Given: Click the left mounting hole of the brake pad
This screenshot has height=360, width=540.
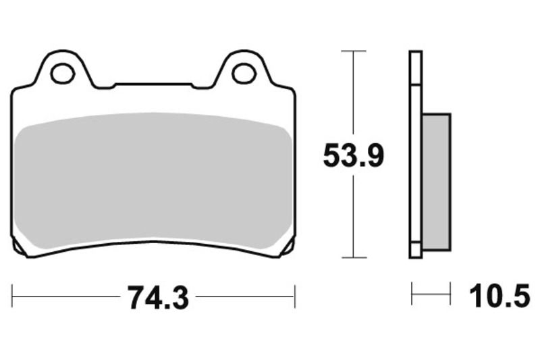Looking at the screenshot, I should (63, 73).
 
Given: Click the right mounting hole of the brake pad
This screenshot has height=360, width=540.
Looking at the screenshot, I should (243, 73).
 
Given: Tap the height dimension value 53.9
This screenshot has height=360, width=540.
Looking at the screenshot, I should (353, 156).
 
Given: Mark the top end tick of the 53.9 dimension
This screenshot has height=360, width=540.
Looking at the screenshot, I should (354, 51).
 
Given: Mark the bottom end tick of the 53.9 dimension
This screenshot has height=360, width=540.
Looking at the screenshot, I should (354, 257).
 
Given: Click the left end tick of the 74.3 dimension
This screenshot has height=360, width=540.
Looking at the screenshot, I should (12, 296).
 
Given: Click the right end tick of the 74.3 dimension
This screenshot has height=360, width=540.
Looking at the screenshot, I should (294, 296).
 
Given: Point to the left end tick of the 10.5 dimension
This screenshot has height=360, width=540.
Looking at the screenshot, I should (412, 295).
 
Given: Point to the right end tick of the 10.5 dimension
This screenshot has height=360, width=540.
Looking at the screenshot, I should (450, 295).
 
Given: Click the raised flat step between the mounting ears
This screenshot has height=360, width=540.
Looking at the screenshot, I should (153, 85).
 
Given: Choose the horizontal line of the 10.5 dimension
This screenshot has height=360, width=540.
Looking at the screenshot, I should (431, 295).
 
